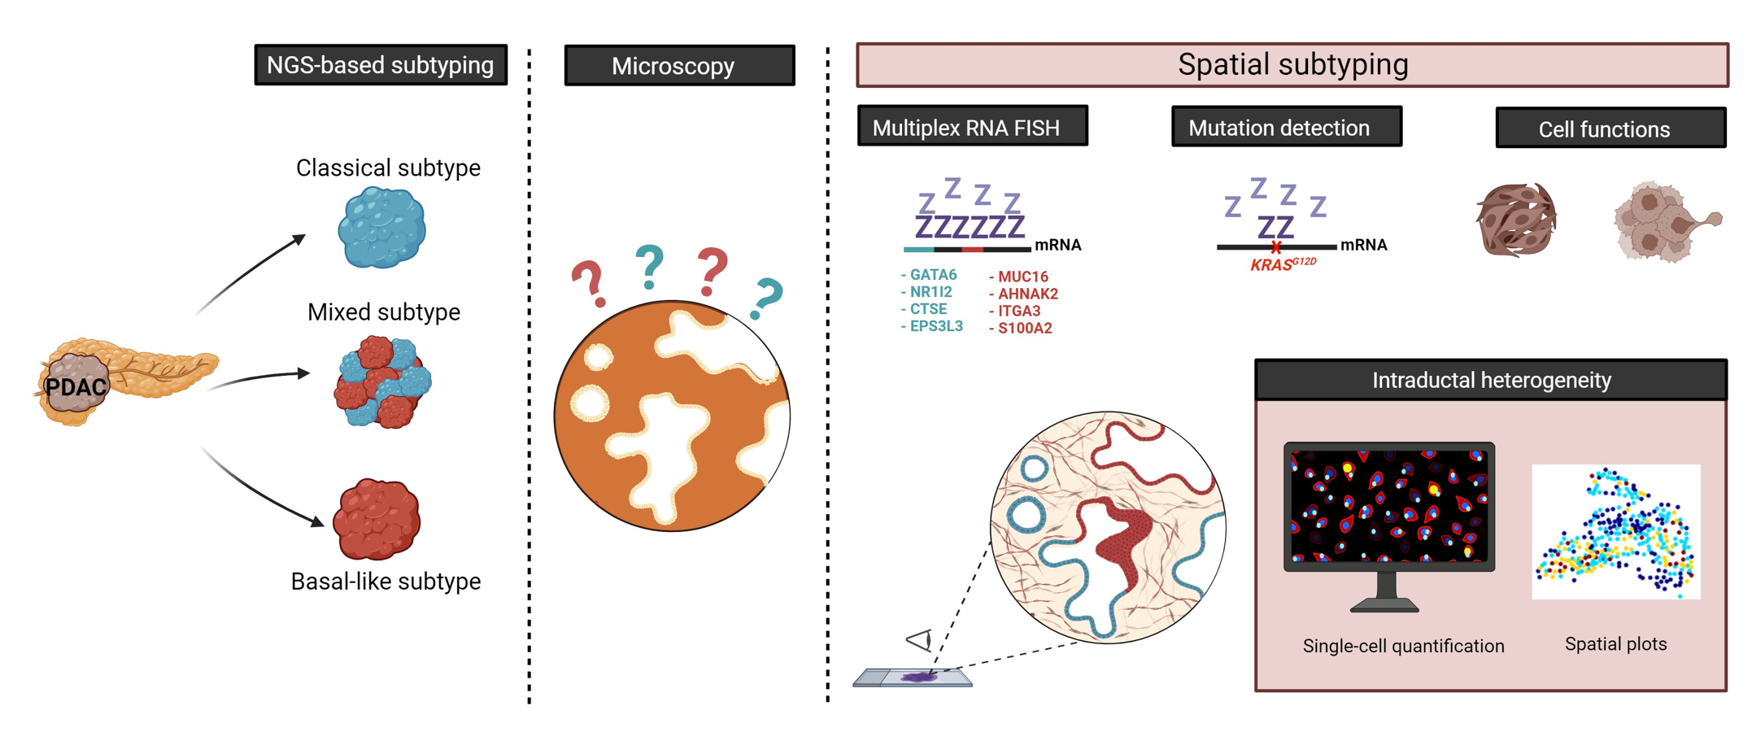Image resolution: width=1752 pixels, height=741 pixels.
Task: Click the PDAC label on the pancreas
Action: [76, 387]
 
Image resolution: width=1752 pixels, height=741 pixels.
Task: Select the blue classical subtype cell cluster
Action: [381, 227]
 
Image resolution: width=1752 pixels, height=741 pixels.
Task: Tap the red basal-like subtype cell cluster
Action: [377, 519]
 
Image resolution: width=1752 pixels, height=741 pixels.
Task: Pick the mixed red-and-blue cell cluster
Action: [382, 381]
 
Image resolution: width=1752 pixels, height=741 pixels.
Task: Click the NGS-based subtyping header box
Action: [381, 65]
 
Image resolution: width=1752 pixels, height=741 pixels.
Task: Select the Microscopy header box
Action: [679, 66]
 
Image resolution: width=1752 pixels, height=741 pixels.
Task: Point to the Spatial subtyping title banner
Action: [1292, 65]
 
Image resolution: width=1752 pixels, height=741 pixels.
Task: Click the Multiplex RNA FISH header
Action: [972, 127]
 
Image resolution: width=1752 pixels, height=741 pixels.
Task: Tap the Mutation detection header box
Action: [1286, 128]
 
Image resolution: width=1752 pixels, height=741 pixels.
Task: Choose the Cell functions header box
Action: [1610, 129]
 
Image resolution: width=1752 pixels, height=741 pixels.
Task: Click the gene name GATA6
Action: [932, 275]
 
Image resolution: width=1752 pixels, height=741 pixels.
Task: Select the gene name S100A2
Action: [1024, 329]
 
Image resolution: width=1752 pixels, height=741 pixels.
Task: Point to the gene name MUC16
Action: [1022, 277]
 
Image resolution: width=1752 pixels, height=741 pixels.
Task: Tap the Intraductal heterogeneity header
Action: [1490, 380]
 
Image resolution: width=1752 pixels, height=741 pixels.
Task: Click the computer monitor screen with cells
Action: [1389, 505]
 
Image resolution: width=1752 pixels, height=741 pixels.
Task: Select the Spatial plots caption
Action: [1615, 644]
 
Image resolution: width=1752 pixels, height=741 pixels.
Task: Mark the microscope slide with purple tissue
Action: [913, 677]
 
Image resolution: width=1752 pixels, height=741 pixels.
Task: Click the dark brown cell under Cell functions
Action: [1516, 220]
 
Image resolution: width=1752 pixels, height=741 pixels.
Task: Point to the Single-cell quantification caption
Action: [1403, 646]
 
